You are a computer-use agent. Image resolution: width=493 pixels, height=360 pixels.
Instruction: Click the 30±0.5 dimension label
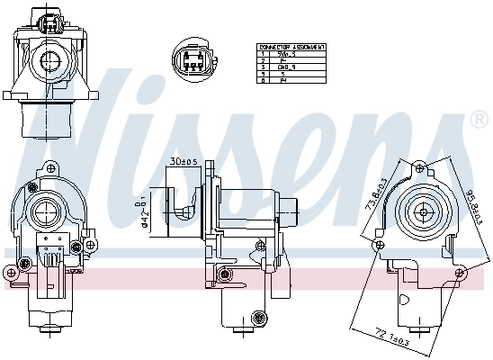click(184, 161)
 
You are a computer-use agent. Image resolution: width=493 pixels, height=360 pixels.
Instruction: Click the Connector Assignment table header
click(291, 46)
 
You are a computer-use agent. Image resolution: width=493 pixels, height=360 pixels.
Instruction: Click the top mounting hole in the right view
click(418, 166)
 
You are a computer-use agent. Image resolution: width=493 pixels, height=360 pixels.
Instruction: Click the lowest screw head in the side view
click(260, 316)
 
